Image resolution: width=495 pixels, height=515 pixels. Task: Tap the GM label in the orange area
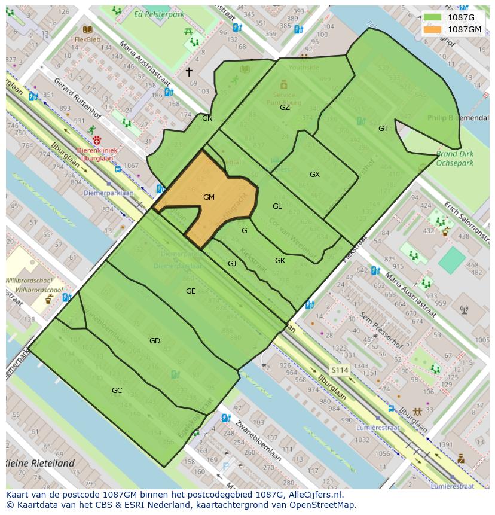209,197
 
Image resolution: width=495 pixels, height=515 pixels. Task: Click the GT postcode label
383,129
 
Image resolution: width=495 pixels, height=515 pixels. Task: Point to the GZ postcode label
285,108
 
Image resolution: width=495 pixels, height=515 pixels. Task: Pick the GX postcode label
314,175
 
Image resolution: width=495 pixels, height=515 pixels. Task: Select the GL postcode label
277,206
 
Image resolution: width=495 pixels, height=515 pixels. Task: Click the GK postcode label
280,261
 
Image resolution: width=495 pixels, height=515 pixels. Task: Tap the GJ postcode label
232,264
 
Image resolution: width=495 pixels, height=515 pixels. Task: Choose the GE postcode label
191,291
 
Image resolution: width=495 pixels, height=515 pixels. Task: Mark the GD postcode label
155,341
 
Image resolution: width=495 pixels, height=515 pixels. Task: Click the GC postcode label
117,391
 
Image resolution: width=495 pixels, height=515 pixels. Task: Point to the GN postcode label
207,118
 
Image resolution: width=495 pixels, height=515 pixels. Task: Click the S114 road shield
340,371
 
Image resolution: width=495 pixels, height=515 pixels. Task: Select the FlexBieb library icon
88,29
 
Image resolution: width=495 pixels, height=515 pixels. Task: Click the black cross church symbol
189,72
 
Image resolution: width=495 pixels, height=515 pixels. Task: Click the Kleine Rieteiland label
41,463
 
